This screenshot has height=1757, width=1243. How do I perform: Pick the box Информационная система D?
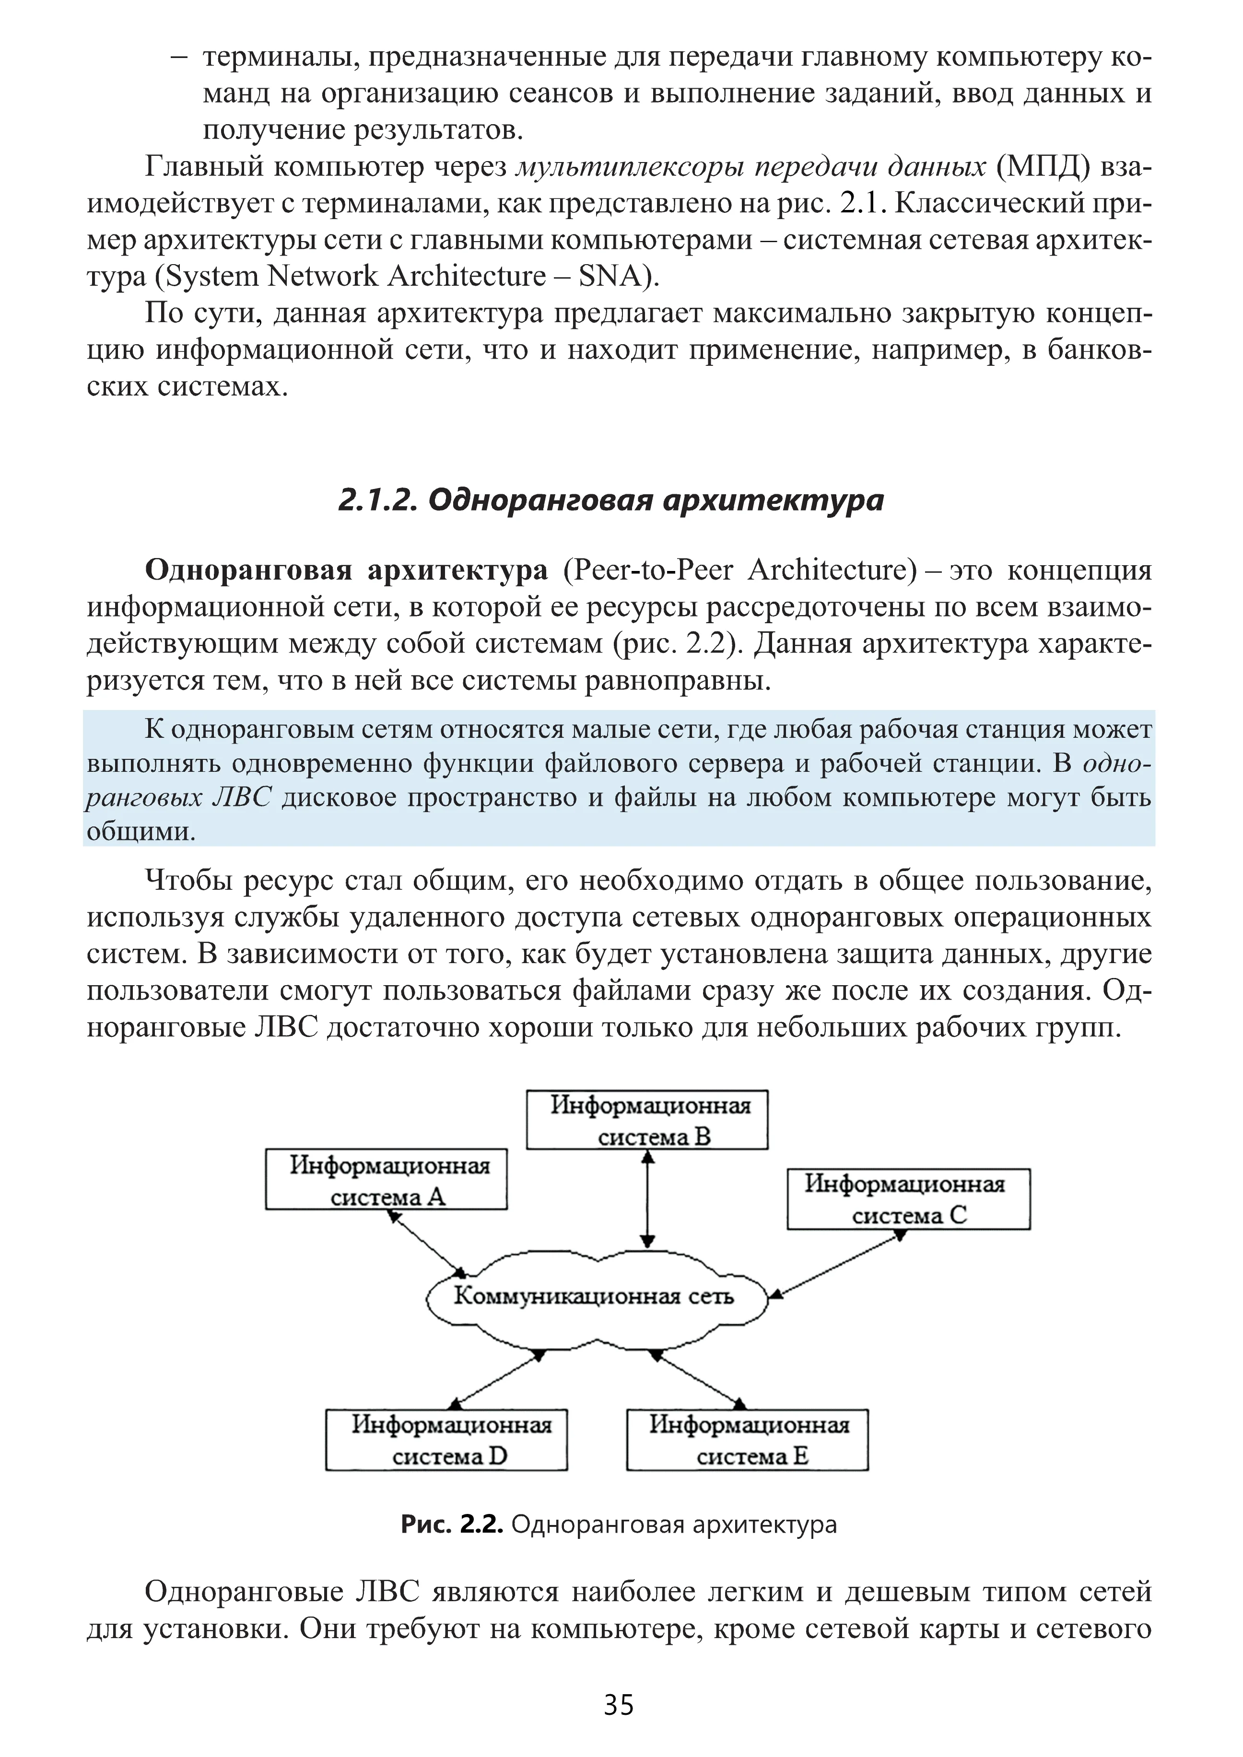(x=446, y=1440)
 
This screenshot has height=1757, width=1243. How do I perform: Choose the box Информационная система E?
(x=747, y=1440)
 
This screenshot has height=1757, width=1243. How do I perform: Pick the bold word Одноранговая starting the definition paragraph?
(x=248, y=570)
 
